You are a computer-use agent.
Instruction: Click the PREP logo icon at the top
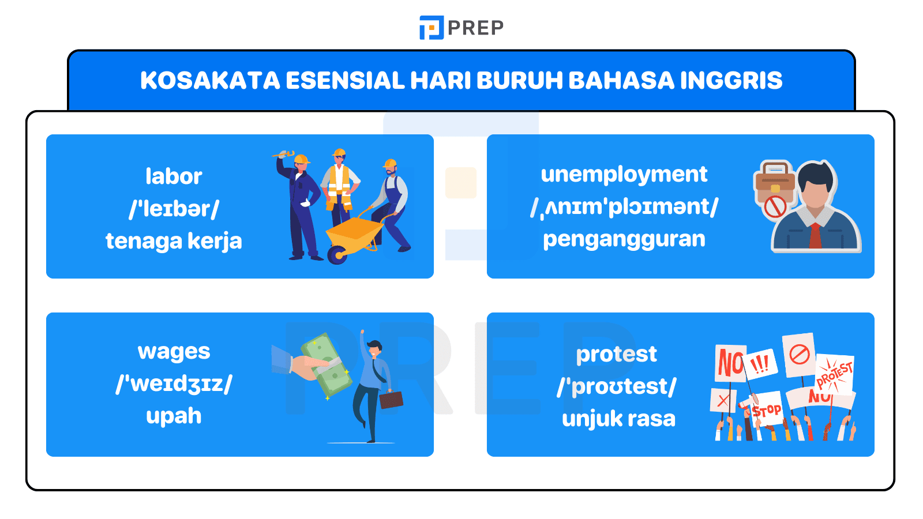[431, 28]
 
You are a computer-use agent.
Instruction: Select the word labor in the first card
[174, 176]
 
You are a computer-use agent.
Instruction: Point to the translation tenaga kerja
[174, 241]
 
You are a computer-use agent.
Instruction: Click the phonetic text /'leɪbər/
[174, 209]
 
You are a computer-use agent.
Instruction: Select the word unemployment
[624, 174]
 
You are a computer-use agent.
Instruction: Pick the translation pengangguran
[624, 239]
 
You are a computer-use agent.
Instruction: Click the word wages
[174, 352]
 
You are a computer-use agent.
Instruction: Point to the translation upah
[174, 416]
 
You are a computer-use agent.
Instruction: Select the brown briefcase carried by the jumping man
[391, 400]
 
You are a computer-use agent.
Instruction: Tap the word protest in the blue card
[616, 354]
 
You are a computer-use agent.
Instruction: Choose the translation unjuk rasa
[618, 419]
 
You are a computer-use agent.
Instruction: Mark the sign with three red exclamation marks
[760, 364]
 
